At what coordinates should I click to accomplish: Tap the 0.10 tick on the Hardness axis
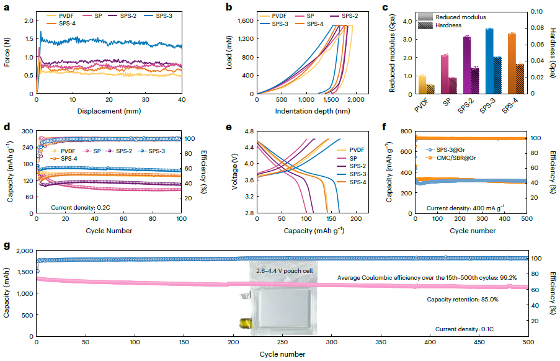click(538, 11)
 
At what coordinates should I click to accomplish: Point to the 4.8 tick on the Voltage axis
click(247, 131)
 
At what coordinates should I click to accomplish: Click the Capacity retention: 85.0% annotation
click(463, 299)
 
